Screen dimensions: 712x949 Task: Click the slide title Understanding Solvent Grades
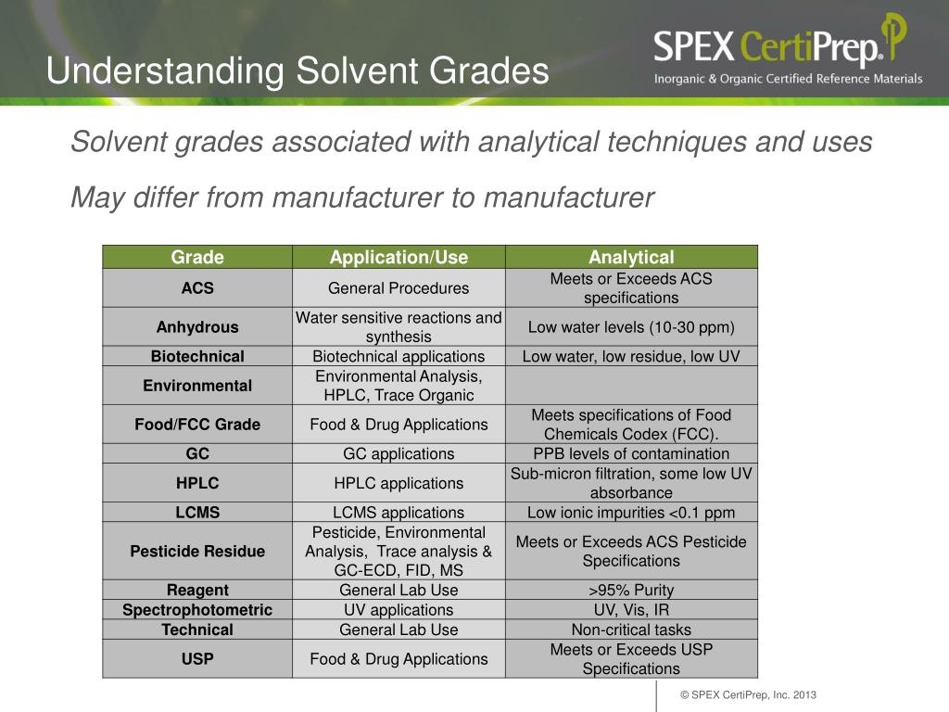tap(297, 71)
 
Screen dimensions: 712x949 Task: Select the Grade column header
tap(197, 258)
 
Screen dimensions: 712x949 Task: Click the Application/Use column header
tap(399, 258)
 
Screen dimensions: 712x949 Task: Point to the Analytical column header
tap(631, 258)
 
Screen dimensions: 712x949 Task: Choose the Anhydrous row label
tap(197, 326)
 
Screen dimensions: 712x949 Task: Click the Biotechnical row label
tap(197, 356)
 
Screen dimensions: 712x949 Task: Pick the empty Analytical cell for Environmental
tap(631, 386)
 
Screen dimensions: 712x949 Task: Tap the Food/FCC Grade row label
tap(197, 425)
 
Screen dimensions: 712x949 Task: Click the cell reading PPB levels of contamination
tap(631, 453)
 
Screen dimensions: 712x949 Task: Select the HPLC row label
tap(197, 483)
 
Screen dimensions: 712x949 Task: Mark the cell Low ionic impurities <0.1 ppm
tap(631, 512)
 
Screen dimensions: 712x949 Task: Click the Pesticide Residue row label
tap(197, 551)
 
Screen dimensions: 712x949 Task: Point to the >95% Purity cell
tap(631, 590)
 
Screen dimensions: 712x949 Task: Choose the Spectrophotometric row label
tap(197, 610)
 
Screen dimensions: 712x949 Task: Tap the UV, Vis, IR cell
tap(631, 610)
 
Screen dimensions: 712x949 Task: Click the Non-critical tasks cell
tap(631, 629)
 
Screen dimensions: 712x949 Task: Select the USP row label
tap(197, 659)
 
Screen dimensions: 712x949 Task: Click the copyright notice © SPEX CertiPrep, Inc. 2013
tap(748, 695)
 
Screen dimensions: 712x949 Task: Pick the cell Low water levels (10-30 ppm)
tap(631, 326)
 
